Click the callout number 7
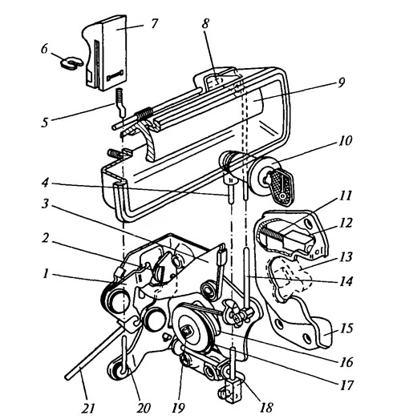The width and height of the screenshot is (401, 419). [153, 23]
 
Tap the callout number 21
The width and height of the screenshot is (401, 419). [87, 408]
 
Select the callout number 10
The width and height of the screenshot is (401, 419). [346, 140]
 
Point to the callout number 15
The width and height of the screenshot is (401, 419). [346, 328]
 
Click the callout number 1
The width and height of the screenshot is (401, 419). [46, 274]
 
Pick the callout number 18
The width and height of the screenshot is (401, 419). [266, 408]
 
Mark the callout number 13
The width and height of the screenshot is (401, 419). [346, 257]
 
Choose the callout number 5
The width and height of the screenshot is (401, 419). [45, 123]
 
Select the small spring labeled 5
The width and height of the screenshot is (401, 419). [120, 103]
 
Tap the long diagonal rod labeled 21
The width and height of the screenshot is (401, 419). [94, 352]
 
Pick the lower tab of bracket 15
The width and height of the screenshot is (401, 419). [324, 333]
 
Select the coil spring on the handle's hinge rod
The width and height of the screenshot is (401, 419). [144, 112]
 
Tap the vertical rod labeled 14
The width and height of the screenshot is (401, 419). [246, 278]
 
